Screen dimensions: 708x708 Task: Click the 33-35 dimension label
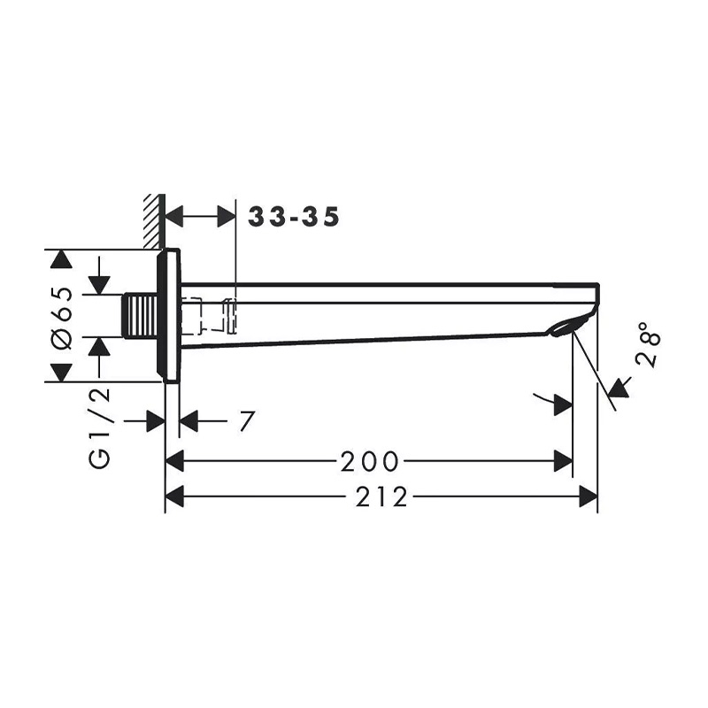click(x=294, y=217)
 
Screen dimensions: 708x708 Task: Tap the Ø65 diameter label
click(x=61, y=317)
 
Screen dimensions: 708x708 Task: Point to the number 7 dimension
click(x=246, y=422)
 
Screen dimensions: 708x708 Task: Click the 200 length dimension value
click(x=369, y=461)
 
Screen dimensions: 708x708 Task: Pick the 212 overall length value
click(x=383, y=497)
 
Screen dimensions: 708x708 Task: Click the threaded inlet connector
click(x=142, y=317)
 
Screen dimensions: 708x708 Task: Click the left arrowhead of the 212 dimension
click(x=174, y=497)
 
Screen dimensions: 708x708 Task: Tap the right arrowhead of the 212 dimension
click(x=589, y=497)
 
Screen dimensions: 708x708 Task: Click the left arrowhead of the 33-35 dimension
click(x=175, y=216)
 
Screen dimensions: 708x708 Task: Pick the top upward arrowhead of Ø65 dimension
click(x=60, y=260)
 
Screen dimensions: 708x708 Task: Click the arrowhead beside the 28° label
click(x=619, y=388)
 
